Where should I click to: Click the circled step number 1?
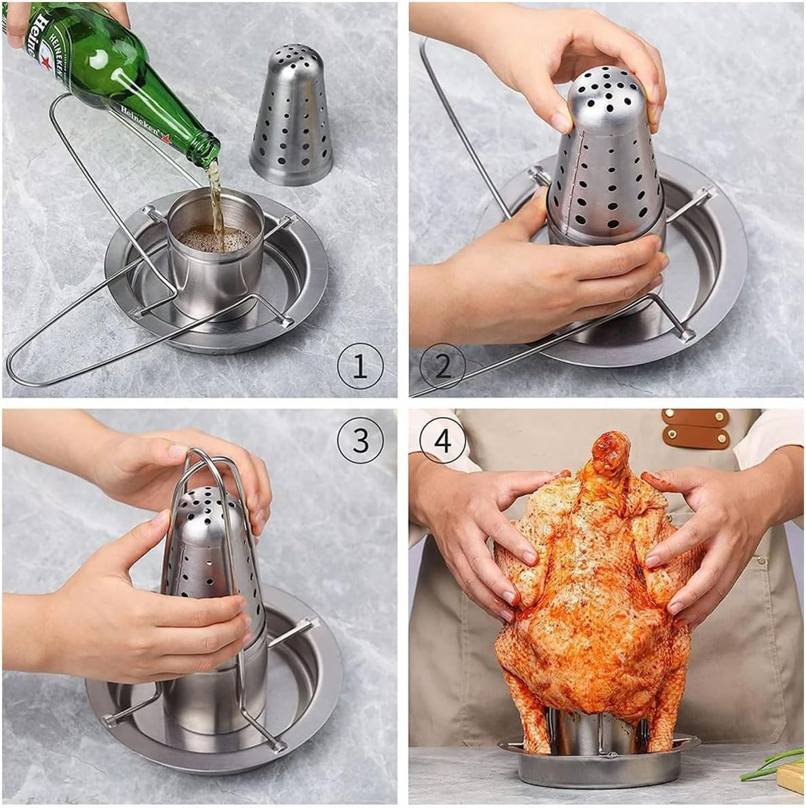(360, 367)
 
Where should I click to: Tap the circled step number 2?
(442, 367)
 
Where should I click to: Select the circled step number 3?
(360, 441)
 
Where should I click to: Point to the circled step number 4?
(442, 441)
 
